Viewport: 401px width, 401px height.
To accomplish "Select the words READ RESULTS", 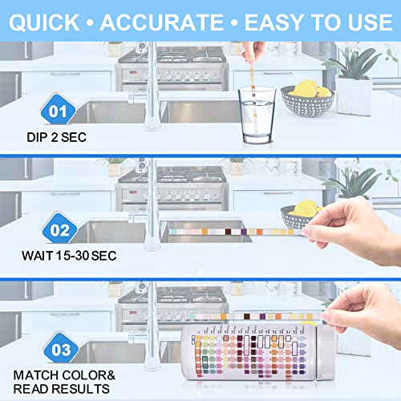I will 63,389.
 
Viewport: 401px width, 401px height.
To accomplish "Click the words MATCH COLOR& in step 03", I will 64,374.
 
